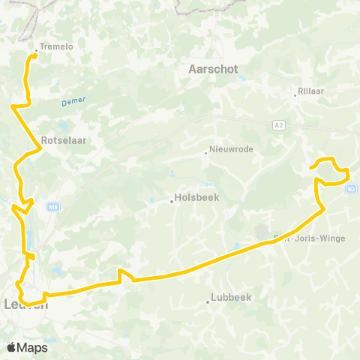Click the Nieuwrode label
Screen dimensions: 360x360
tap(232, 148)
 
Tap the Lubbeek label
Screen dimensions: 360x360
tap(231, 296)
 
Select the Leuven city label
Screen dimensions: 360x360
tap(26, 304)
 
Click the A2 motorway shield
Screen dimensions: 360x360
tap(279, 125)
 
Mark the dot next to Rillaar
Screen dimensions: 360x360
tap(295, 94)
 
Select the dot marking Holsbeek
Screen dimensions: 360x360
tap(171, 200)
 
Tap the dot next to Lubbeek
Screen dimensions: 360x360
tap(208, 302)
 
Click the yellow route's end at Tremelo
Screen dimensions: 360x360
tap(35, 55)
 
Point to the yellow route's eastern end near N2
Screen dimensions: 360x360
tap(310, 167)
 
